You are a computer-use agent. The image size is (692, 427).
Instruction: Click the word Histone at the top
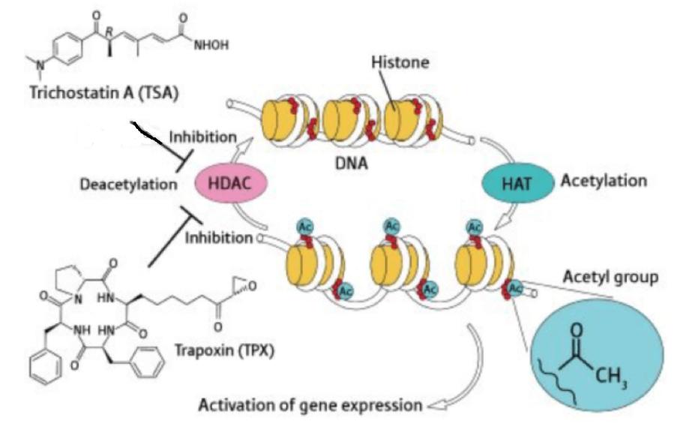[x=400, y=63]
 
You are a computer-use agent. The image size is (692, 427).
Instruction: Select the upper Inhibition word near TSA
[x=202, y=138]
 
